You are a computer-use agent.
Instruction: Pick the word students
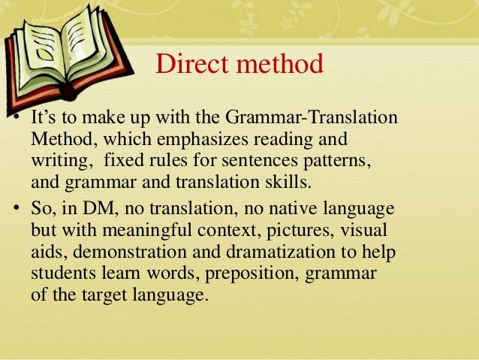click(x=62, y=272)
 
